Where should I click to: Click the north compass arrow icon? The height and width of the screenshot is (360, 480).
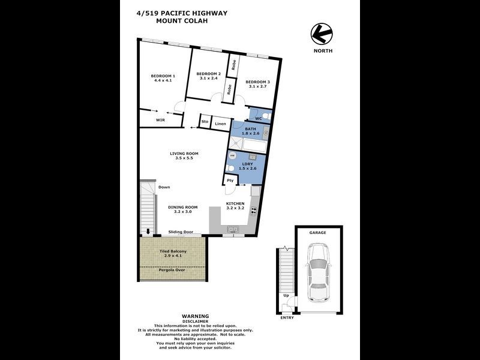(321, 34)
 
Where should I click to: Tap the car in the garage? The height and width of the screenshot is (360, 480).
(317, 272)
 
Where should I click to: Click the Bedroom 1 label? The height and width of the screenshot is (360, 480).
(163, 76)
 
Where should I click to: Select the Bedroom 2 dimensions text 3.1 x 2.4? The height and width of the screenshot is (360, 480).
(209, 78)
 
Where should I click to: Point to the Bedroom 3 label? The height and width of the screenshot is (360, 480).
(257, 82)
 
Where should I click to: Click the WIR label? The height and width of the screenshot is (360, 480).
(160, 120)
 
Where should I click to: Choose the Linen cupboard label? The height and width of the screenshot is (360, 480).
(220, 124)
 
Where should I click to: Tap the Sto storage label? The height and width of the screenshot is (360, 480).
(205, 122)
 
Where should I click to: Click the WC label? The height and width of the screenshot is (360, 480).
(259, 119)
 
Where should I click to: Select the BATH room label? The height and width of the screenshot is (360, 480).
(250, 128)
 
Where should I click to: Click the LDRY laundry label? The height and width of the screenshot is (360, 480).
(247, 164)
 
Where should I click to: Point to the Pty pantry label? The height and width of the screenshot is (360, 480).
(230, 180)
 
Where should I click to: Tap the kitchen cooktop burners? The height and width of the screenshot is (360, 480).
(254, 211)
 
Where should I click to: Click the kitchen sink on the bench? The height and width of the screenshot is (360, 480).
(233, 229)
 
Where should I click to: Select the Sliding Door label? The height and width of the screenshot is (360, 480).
(180, 232)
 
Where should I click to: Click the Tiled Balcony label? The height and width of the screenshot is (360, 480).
(173, 251)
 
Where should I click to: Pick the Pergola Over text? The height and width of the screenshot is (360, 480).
(172, 270)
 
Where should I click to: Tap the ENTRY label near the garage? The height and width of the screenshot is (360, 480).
(287, 317)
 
